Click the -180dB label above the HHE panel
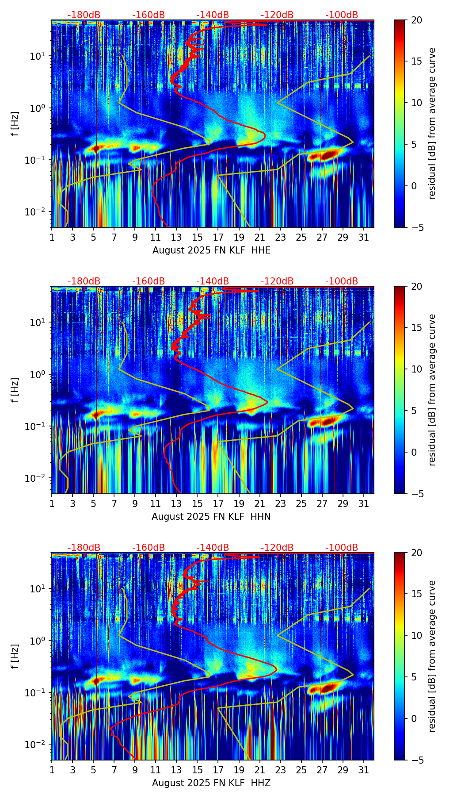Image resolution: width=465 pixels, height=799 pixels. click(x=84, y=15)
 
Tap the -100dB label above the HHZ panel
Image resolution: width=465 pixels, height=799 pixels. click(x=342, y=548)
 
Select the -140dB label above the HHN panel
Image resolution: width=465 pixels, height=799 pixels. click(x=213, y=281)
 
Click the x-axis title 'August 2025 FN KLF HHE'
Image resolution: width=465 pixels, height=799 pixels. click(x=211, y=250)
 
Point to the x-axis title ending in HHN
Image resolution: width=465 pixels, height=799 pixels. click(x=211, y=517)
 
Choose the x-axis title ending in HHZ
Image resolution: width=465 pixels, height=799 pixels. click(x=211, y=783)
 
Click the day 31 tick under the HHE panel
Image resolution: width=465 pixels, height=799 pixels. click(x=364, y=237)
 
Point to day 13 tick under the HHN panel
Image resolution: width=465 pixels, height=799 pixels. click(x=176, y=503)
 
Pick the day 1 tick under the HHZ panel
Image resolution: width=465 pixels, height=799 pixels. click(x=52, y=770)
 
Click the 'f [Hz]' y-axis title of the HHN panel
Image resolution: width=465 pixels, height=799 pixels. click(x=15, y=390)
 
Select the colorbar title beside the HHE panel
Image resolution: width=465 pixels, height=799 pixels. click(x=432, y=123)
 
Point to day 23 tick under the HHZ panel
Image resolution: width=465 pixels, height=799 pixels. click(x=281, y=770)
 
